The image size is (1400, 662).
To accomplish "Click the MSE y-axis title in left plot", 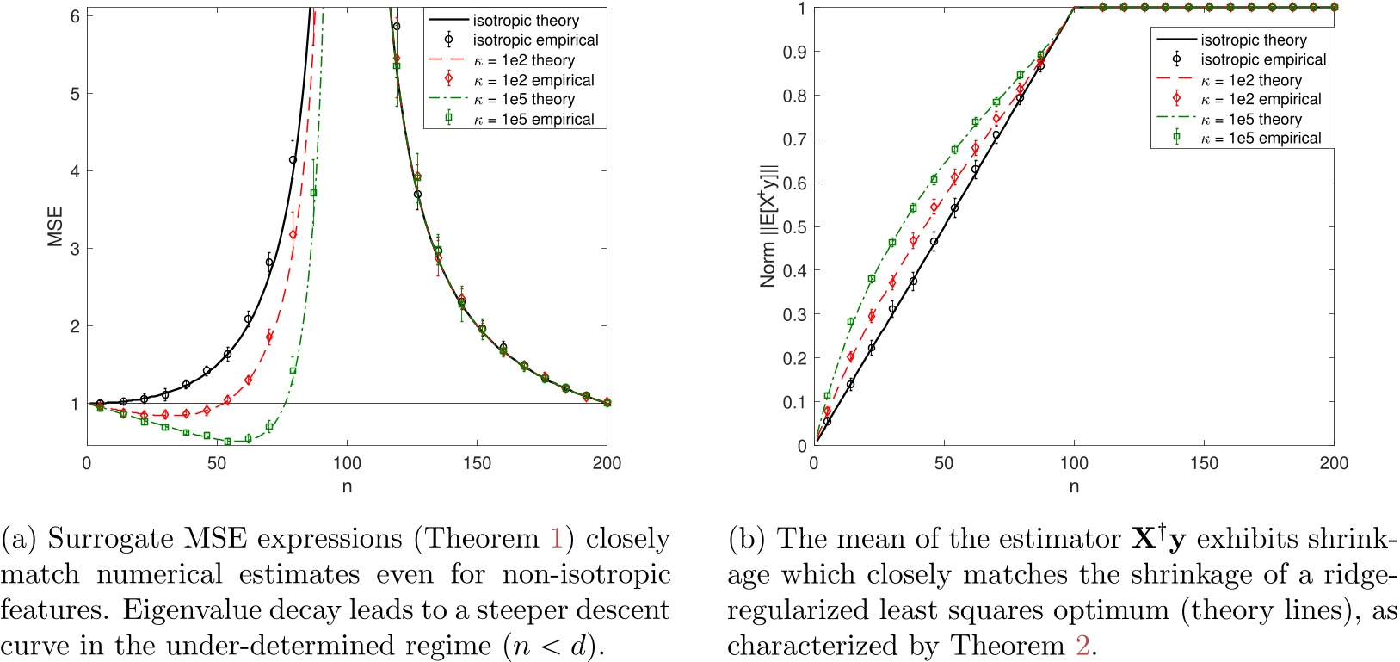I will coord(55,226).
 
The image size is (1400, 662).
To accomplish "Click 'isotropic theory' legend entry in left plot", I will coord(525,21).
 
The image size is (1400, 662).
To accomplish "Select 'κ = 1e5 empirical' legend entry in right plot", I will coord(1261,139).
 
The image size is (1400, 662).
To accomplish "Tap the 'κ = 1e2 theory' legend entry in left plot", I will coord(524,60).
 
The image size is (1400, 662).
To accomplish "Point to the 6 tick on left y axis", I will coord(75,16).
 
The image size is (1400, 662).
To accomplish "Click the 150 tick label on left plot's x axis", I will coord(477,464).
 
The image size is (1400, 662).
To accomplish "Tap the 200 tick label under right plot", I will coord(1333,464).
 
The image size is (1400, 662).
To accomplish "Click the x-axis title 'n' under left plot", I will coord(347,487).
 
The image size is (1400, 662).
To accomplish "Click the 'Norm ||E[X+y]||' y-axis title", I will coord(768,226).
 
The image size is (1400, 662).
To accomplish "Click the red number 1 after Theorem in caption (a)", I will coord(557,539).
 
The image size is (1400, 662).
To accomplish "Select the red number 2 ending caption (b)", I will coord(1083,646).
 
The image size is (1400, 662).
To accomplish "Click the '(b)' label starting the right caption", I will coord(747,539).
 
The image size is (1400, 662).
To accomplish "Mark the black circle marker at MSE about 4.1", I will coord(293,160).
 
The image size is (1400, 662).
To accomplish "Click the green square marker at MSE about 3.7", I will coord(313,193).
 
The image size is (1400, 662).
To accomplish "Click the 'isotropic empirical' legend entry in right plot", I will coord(1262,60).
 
